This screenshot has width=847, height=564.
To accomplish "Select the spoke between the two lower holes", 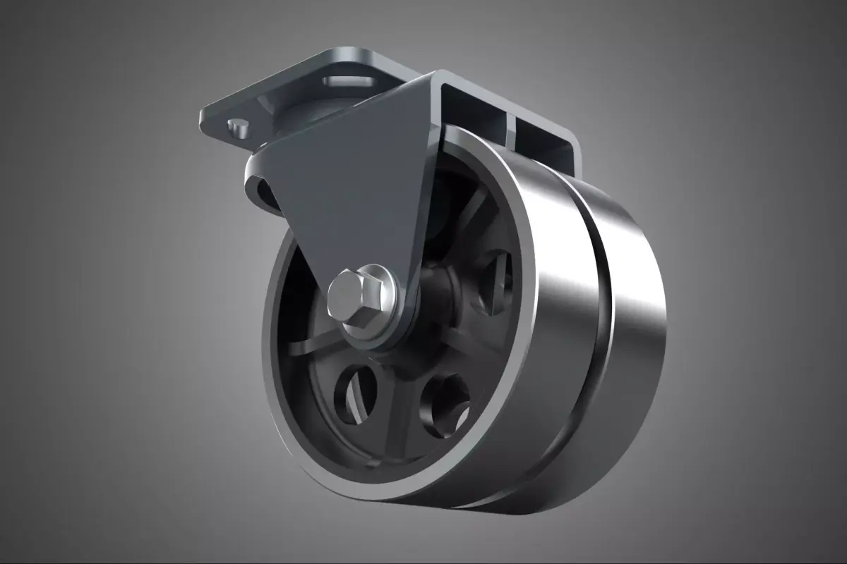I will (x=399, y=409).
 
